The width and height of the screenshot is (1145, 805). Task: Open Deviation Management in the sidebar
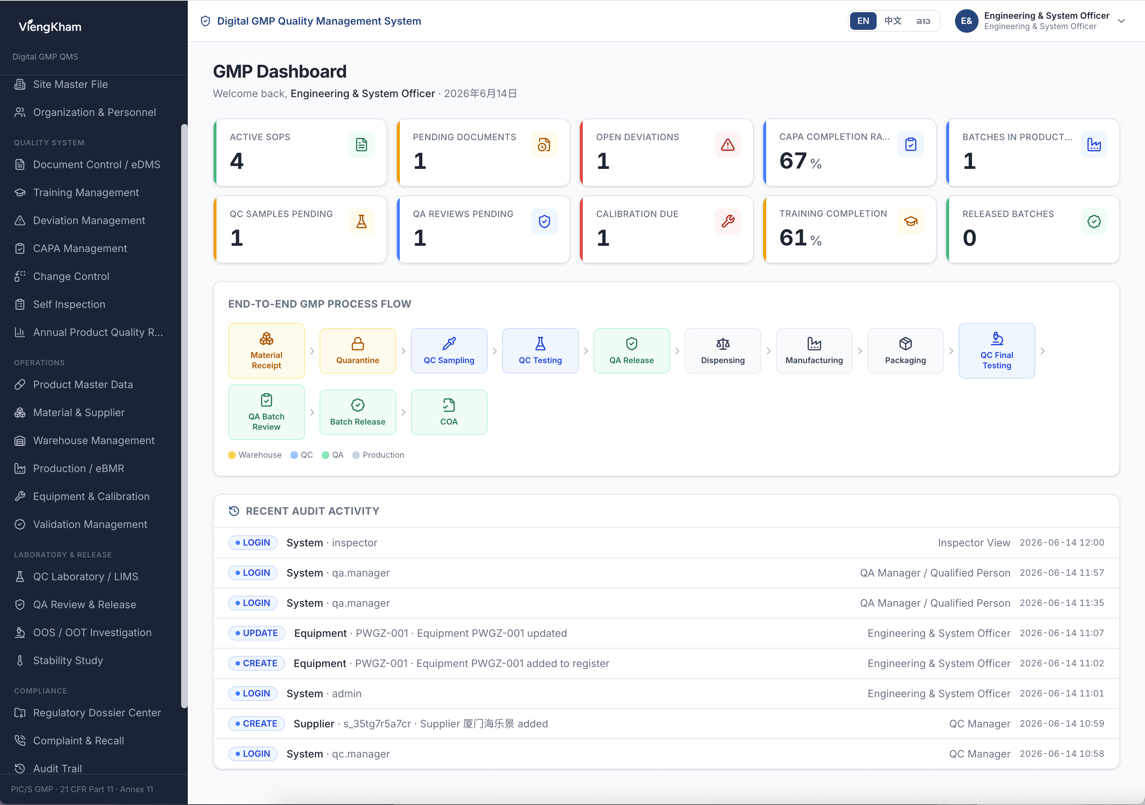pyautogui.click(x=89, y=220)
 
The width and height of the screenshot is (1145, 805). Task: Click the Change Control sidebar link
pyautogui.click(x=71, y=276)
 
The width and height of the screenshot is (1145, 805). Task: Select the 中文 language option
pyautogui.click(x=893, y=21)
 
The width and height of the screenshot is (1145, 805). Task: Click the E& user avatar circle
pyautogui.click(x=966, y=21)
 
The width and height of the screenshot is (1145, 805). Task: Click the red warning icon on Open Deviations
pyautogui.click(x=727, y=145)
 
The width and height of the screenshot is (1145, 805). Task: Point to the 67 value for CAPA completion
pyautogui.click(x=793, y=160)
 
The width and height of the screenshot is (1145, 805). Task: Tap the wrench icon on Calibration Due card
pyautogui.click(x=727, y=221)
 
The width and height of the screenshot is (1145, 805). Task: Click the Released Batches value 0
pyautogui.click(x=969, y=238)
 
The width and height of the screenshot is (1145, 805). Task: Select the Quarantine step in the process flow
pyautogui.click(x=357, y=350)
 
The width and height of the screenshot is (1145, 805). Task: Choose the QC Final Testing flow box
pyautogui.click(x=996, y=350)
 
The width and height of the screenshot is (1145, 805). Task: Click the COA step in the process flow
pyautogui.click(x=449, y=412)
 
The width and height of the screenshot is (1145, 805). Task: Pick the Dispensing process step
pyautogui.click(x=723, y=350)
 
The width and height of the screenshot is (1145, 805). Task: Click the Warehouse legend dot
pyautogui.click(x=232, y=455)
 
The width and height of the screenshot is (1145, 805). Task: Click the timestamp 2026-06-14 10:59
pyautogui.click(x=1062, y=723)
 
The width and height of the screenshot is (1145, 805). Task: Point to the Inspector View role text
pyautogui.click(x=973, y=543)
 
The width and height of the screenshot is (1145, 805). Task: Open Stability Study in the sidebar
pyautogui.click(x=68, y=660)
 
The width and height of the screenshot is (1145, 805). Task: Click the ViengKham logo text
pyautogui.click(x=50, y=26)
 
